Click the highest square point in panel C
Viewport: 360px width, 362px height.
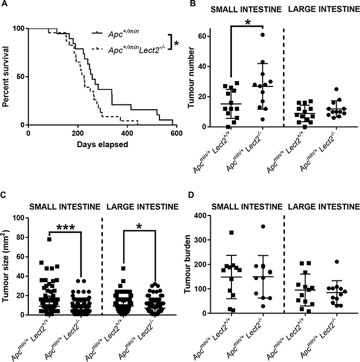click(49, 239)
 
